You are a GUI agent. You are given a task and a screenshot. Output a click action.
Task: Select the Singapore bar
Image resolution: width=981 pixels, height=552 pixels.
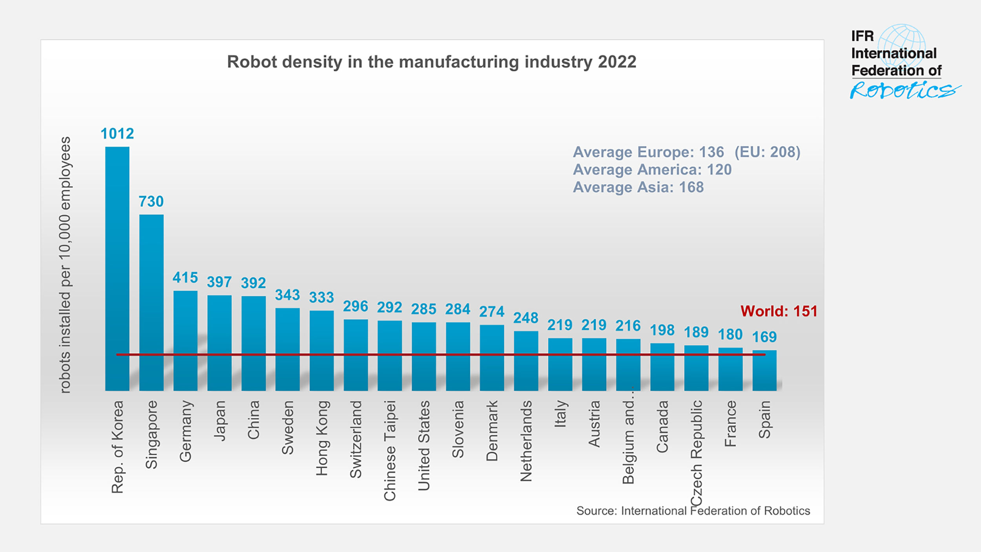(x=151, y=302)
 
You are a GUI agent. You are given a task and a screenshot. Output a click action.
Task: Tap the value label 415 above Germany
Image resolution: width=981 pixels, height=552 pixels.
(x=185, y=278)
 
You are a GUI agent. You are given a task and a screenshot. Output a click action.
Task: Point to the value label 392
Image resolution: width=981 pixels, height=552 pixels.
(x=253, y=283)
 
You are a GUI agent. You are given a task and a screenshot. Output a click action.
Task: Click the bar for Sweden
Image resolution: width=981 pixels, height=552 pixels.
(x=287, y=349)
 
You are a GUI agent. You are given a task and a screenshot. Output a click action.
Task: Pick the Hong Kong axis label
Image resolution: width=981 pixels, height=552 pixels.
(x=321, y=438)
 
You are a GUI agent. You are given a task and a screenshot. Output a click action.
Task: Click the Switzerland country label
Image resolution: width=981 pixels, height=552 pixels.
(x=356, y=439)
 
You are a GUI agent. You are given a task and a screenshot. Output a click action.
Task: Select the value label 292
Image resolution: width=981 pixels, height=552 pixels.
(x=389, y=307)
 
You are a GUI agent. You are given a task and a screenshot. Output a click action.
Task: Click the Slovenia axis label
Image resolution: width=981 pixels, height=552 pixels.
(x=458, y=429)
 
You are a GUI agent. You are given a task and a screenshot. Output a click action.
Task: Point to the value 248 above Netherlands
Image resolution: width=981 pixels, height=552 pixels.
(x=525, y=318)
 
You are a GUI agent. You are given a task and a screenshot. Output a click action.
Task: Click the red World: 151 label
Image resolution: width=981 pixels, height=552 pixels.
(x=779, y=311)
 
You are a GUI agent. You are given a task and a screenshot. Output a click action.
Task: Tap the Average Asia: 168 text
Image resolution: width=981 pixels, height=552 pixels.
(x=638, y=187)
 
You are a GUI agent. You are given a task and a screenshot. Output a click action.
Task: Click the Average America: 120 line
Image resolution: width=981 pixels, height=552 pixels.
(x=652, y=170)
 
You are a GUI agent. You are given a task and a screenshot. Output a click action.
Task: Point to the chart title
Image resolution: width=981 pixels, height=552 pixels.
(x=431, y=62)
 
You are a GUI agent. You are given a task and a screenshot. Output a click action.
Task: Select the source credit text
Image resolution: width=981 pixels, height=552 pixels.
(x=693, y=510)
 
